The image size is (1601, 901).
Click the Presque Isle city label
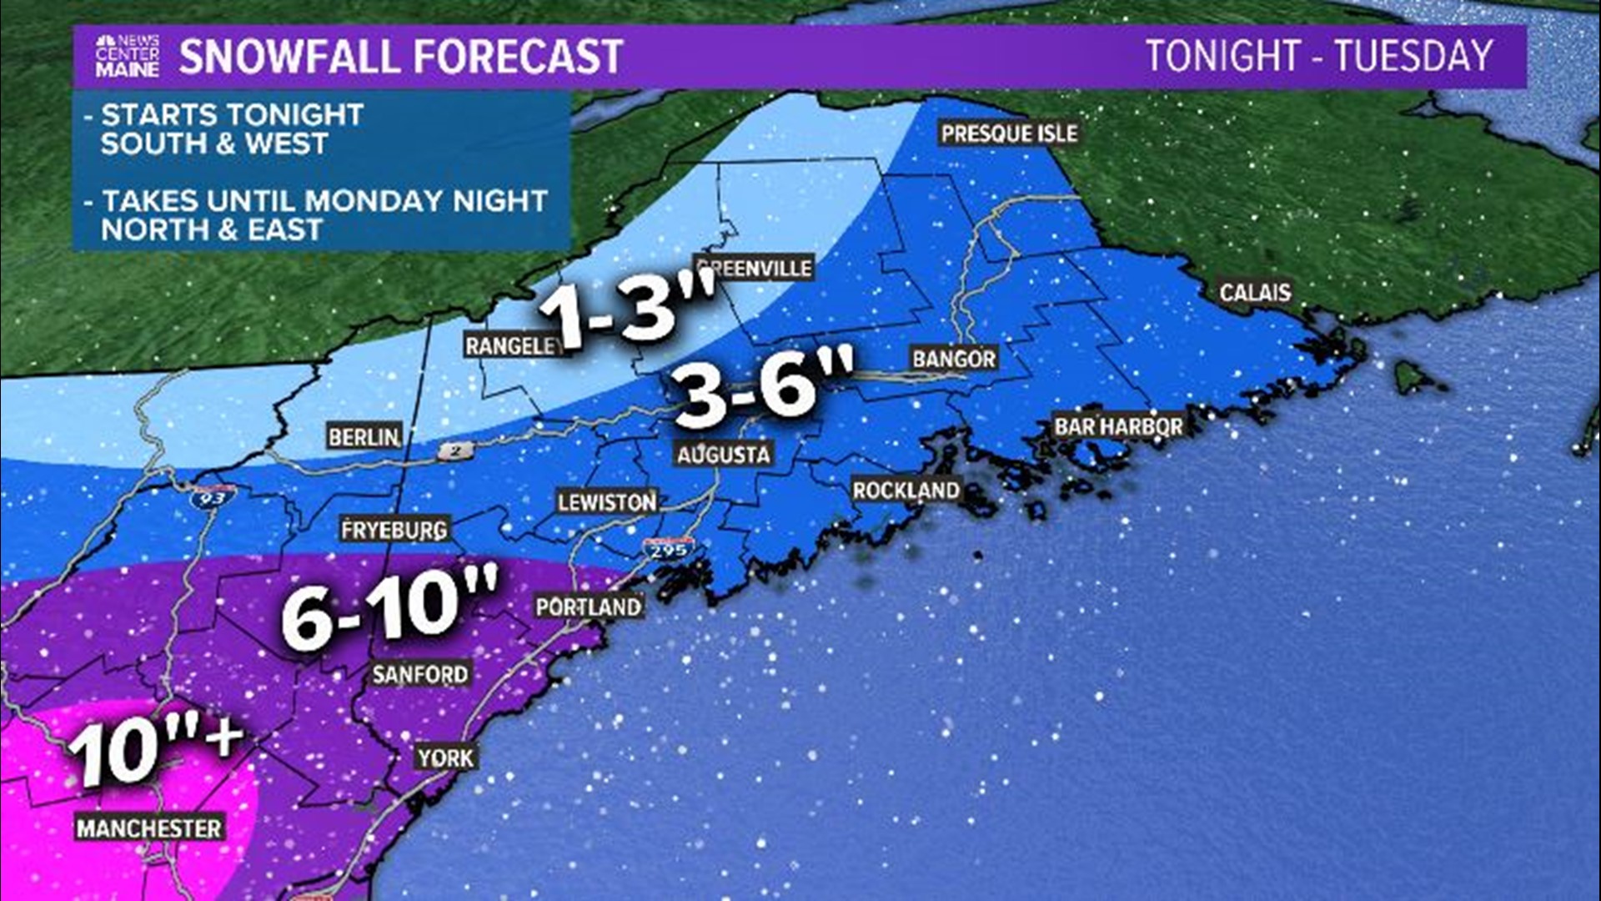1009,133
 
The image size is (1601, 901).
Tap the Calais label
1254,293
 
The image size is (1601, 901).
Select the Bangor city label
954,359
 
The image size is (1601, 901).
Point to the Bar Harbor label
1118,426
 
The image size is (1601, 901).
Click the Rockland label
906,490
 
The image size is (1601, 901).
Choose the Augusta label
723,455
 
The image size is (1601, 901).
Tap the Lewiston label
607,502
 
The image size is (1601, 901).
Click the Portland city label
589,607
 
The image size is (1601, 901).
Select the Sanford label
420,674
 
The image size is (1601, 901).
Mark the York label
446,758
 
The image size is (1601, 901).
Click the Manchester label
149,828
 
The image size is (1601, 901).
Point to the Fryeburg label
394,529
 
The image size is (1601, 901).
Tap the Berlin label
364,436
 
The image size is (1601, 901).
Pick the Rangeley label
512,345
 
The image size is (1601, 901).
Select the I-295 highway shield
668,551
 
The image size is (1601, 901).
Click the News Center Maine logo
127,57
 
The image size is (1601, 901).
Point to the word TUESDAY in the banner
1413,57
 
